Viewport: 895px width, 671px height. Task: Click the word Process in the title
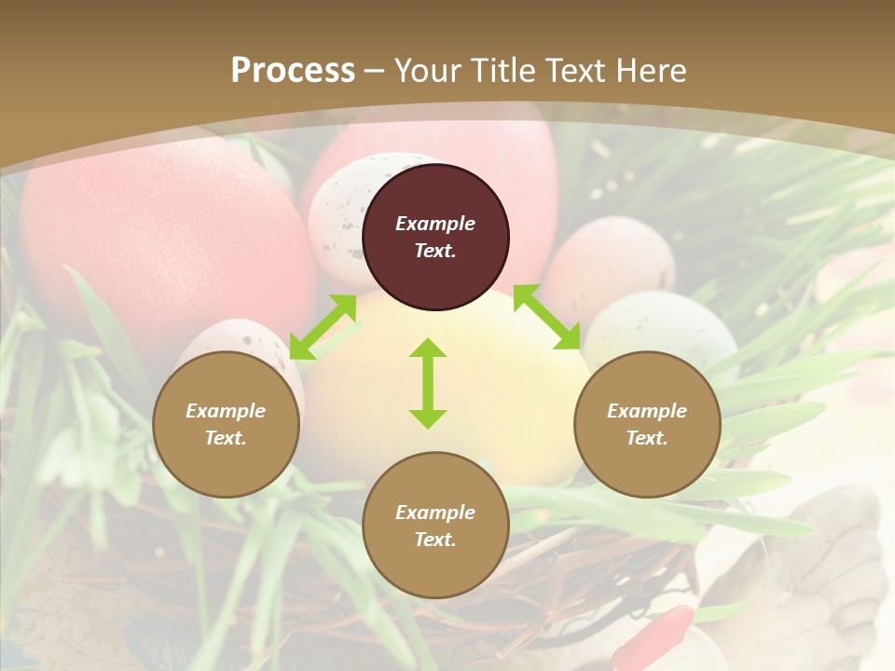click(x=293, y=71)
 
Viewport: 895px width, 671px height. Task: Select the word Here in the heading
click(x=650, y=71)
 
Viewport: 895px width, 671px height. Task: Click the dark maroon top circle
click(x=435, y=237)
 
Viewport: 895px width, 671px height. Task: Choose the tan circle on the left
click(x=226, y=424)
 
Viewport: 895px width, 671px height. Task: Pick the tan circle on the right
click(x=647, y=424)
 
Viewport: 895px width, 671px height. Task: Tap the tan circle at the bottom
click(x=435, y=526)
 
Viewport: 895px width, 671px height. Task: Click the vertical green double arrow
click(x=428, y=383)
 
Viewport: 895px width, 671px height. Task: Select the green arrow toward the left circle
click(x=323, y=327)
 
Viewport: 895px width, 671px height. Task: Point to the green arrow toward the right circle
click(x=546, y=317)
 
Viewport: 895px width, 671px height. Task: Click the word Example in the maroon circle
click(x=435, y=224)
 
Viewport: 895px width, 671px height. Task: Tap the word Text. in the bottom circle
click(x=435, y=540)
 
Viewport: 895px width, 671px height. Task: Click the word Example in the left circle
click(x=226, y=411)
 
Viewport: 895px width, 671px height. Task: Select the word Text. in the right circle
click(x=647, y=438)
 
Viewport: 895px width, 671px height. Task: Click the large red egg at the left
click(x=158, y=233)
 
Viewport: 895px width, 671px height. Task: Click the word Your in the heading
click(x=424, y=71)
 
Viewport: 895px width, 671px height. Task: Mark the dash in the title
click(x=374, y=71)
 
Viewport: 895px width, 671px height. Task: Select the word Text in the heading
click(x=572, y=71)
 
